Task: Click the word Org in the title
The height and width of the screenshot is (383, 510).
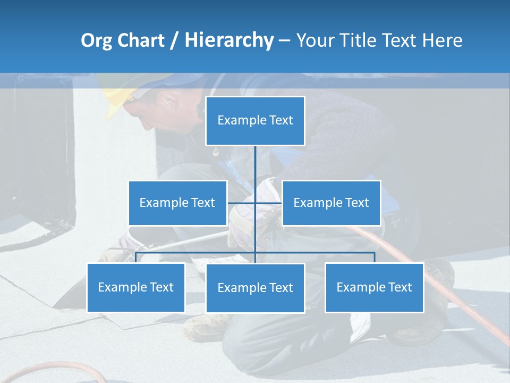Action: click(x=97, y=40)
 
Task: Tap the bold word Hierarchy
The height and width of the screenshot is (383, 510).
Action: click(x=229, y=40)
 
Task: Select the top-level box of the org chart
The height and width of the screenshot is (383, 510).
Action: click(x=255, y=121)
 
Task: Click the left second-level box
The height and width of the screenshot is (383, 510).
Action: click(x=177, y=203)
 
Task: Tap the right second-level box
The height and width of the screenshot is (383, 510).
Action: click(x=331, y=203)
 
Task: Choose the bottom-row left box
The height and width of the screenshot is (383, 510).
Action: click(x=135, y=287)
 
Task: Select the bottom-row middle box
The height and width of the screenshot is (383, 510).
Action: click(x=255, y=288)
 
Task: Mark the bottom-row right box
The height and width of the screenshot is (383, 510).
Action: click(x=374, y=287)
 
